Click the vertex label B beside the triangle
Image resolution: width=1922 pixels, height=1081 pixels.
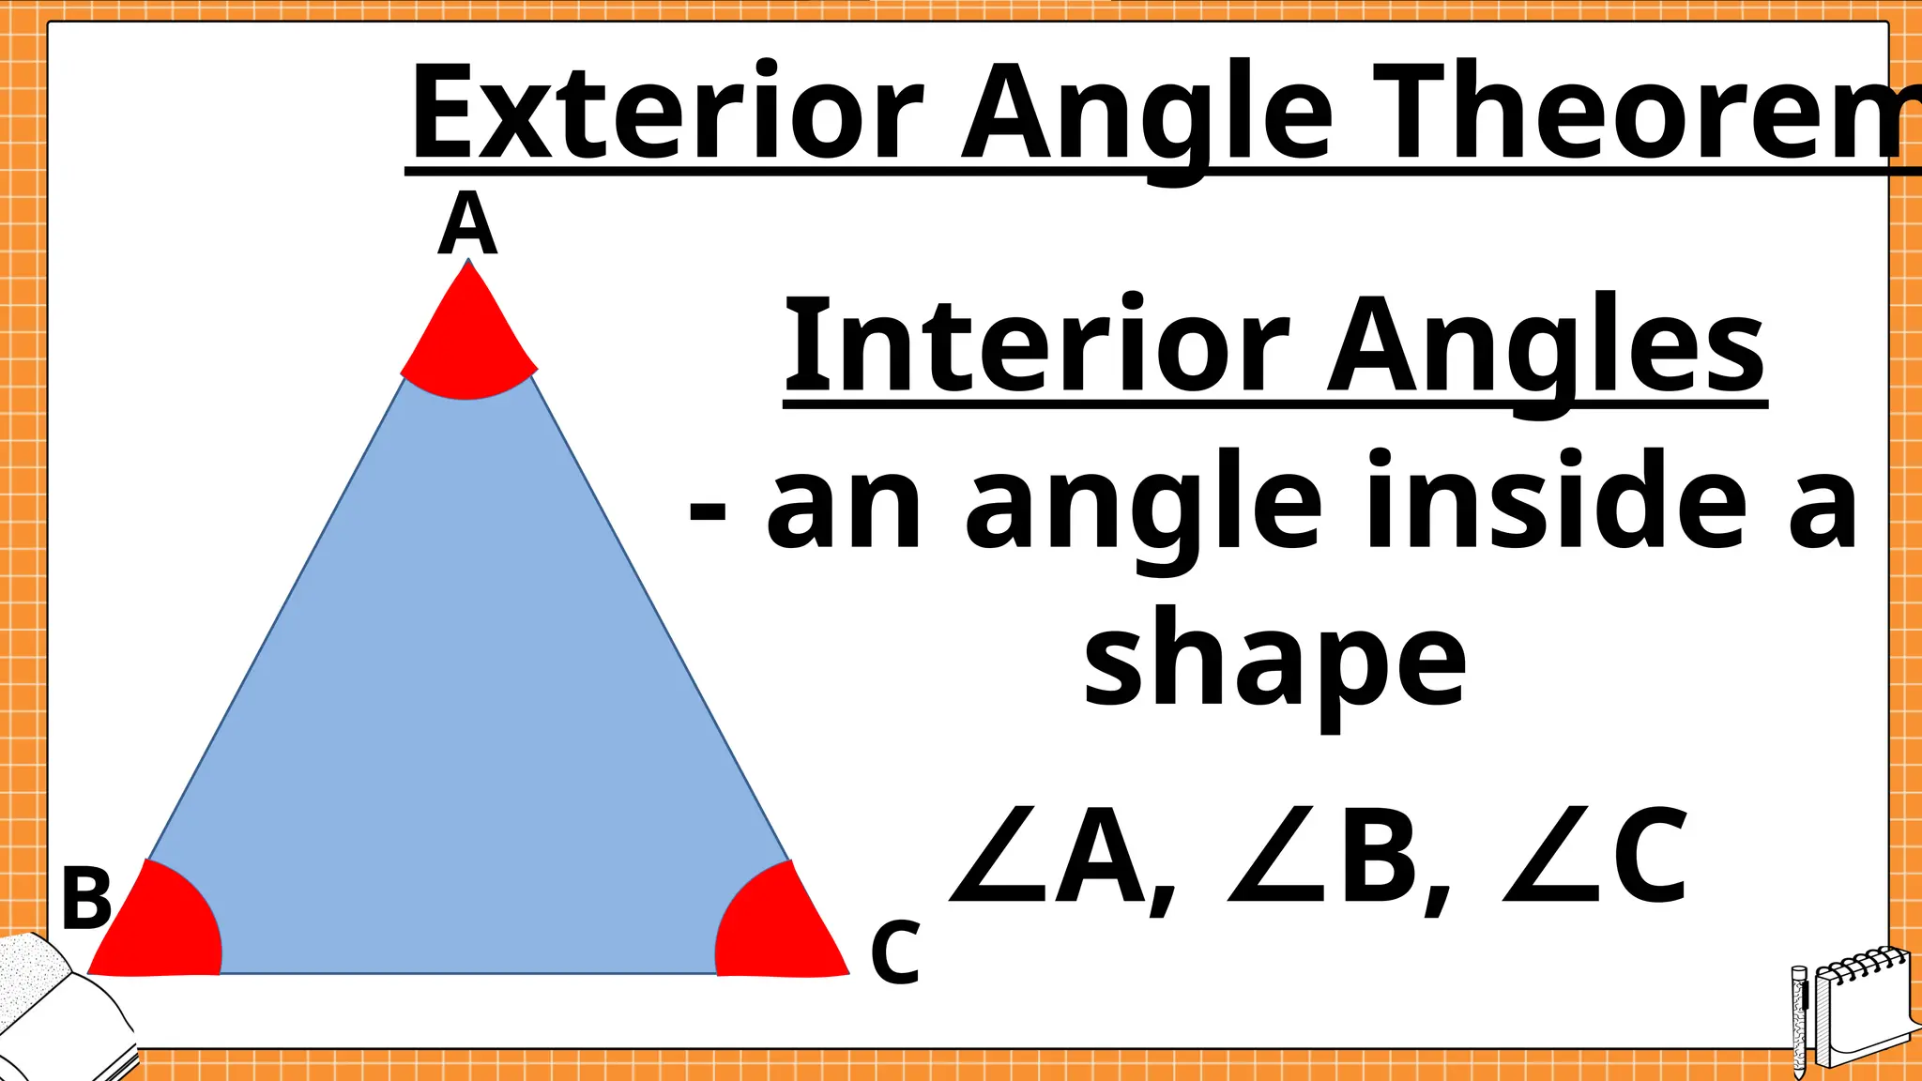86,899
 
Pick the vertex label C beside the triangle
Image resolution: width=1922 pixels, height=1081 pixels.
894,952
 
